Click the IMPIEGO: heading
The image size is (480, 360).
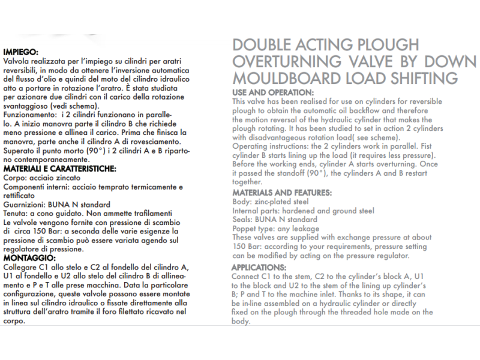(x=20, y=52)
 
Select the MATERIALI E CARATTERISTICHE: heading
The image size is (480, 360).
(x=59, y=169)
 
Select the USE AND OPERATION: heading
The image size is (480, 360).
(x=272, y=92)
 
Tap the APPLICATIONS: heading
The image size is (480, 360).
(x=259, y=267)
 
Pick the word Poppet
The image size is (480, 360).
(x=245, y=229)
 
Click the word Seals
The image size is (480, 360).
(x=242, y=220)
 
